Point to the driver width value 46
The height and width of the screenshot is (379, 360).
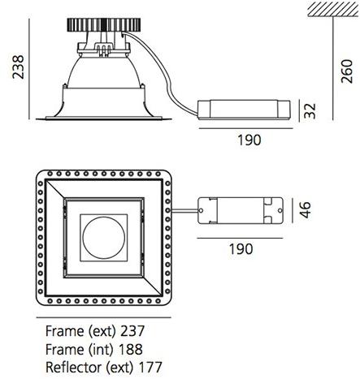point(306,212)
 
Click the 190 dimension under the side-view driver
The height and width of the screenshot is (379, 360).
point(248,140)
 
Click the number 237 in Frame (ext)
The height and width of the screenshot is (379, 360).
point(133,331)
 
